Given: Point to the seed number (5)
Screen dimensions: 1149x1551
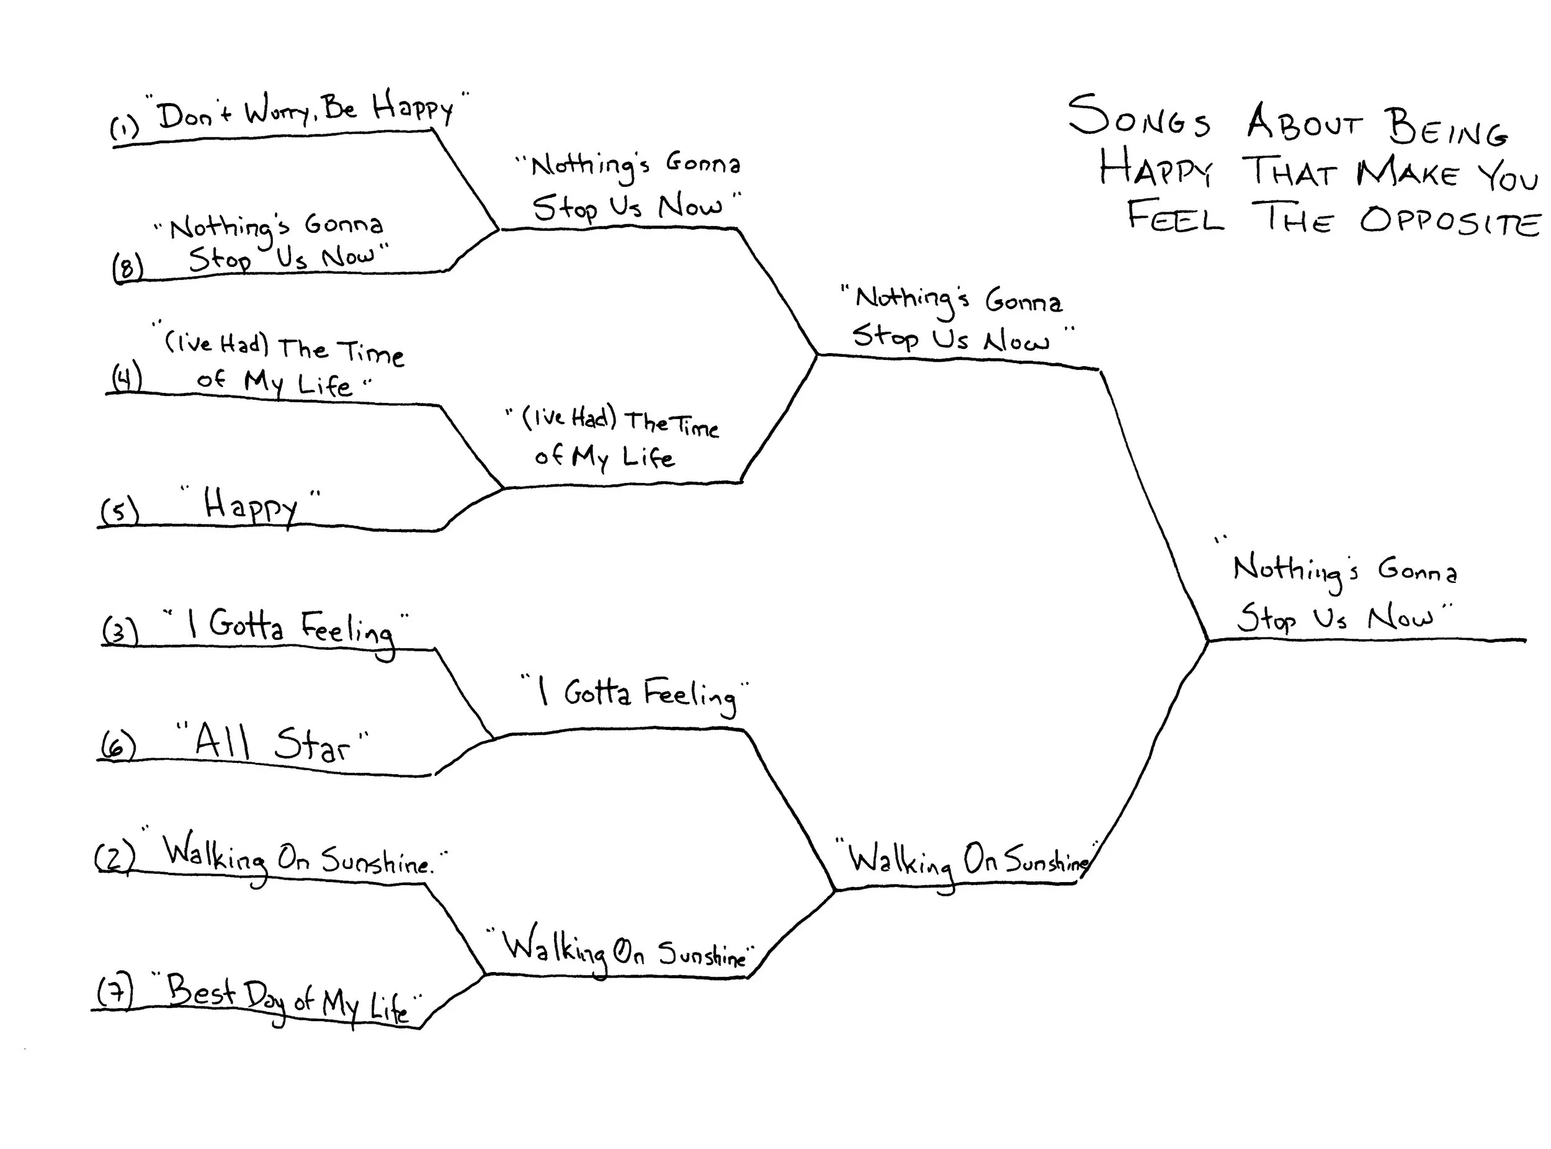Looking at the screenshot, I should [120, 511].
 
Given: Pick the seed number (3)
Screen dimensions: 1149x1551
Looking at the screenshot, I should [120, 631].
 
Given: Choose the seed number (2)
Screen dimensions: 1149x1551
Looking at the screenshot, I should [114, 857].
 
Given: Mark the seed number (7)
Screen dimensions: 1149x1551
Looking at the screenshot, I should [114, 992].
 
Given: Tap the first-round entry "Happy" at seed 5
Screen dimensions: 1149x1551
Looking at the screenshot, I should [250, 507].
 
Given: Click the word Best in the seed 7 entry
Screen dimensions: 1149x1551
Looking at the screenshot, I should [201, 991].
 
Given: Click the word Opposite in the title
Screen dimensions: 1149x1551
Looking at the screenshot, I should [1449, 221].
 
